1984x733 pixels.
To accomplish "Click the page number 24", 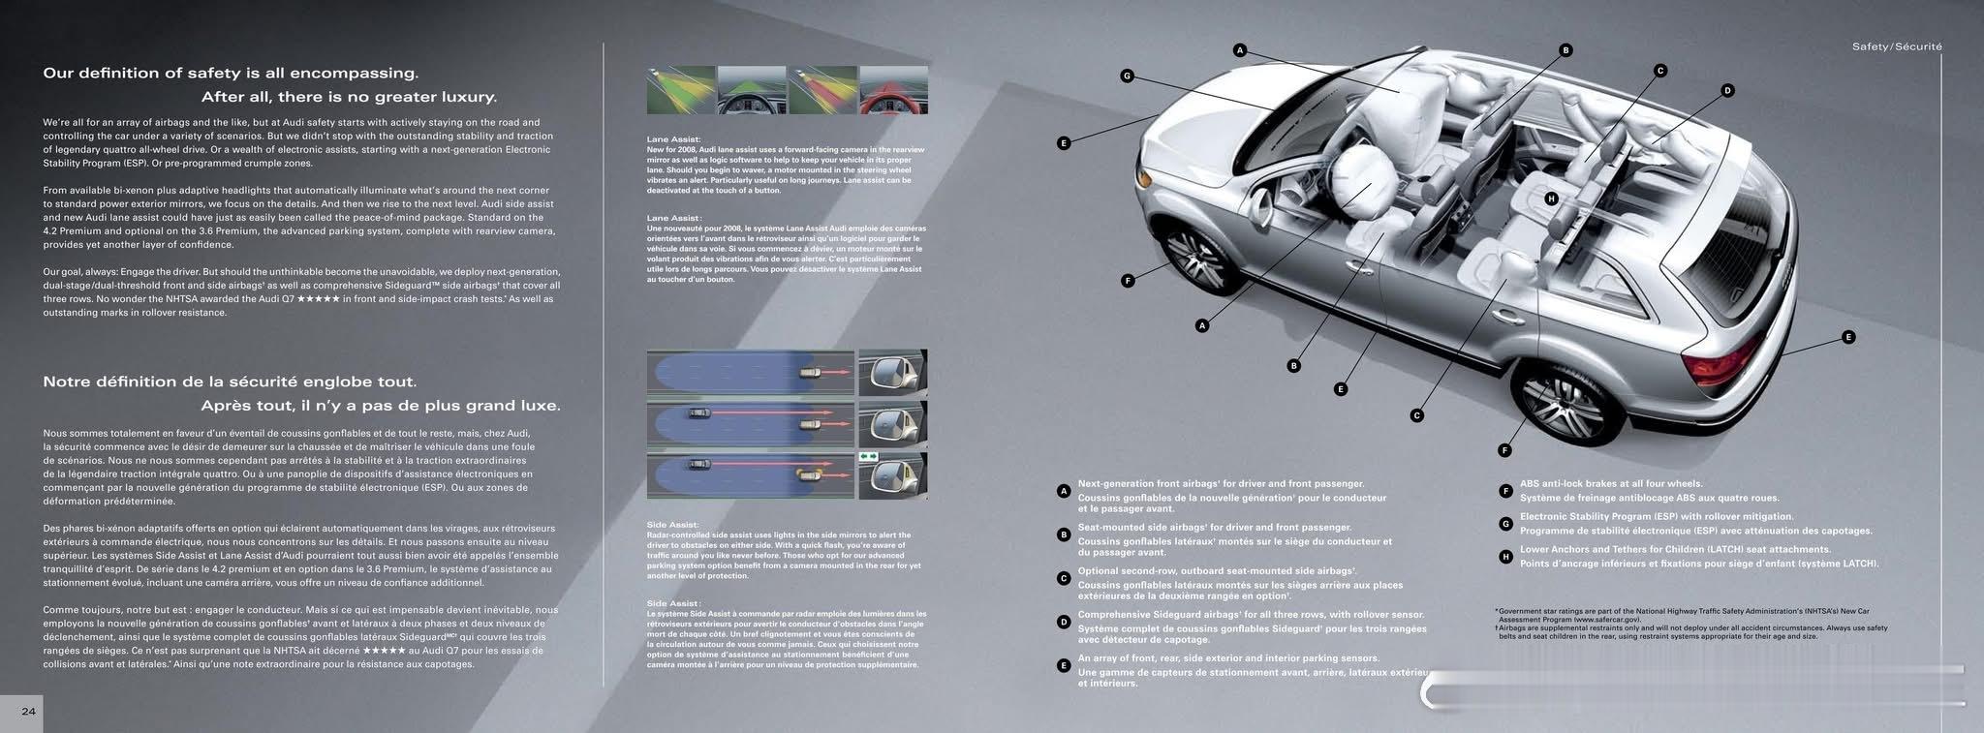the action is coord(28,712).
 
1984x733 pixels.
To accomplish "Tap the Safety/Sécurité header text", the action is coord(1897,46).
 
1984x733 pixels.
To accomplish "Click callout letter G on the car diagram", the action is coord(1127,76).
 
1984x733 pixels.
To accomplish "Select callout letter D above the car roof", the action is coord(1726,90).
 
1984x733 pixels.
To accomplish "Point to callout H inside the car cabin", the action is coord(1551,199).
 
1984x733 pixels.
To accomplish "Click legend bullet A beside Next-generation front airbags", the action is coord(1064,491).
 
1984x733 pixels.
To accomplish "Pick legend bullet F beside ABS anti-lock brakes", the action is coord(1505,491).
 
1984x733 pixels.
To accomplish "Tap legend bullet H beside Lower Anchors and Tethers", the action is coord(1505,557).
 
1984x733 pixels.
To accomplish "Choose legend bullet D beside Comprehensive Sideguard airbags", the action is coord(1064,622).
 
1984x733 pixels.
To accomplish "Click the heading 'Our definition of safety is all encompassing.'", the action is coord(231,73).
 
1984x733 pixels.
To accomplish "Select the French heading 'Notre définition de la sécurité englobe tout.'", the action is coord(230,382).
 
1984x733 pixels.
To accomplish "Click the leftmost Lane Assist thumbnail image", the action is coord(681,91).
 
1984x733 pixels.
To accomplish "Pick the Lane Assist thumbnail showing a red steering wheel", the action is coord(893,91).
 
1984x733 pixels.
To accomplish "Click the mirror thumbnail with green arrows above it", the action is coord(892,475).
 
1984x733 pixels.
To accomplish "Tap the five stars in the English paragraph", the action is coord(319,299).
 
